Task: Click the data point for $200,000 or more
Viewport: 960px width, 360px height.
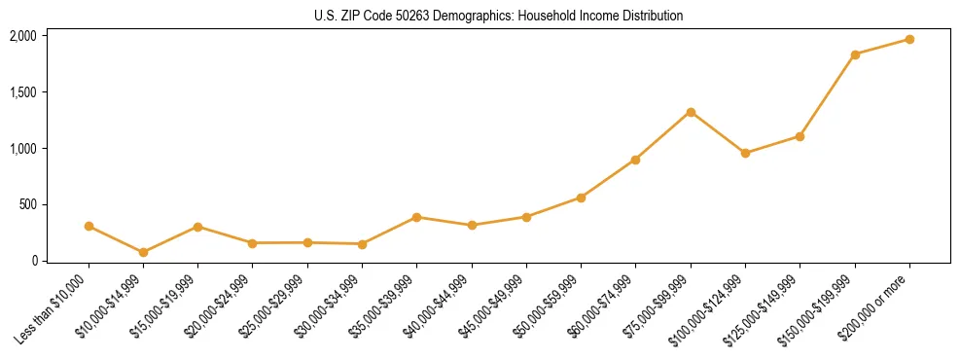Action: pyautogui.click(x=909, y=39)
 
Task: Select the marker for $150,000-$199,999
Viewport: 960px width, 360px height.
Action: pyautogui.click(x=855, y=54)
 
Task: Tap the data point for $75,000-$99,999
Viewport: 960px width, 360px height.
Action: pyautogui.click(x=691, y=112)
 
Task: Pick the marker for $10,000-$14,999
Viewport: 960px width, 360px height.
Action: pyautogui.click(x=143, y=252)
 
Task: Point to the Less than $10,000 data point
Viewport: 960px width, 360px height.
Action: pyautogui.click(x=89, y=226)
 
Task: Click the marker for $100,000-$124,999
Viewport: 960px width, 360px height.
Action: pyautogui.click(x=745, y=153)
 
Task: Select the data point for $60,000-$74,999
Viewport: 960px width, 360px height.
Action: pyautogui.click(x=635, y=160)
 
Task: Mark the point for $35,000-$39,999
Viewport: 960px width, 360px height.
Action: pyautogui.click(x=416, y=217)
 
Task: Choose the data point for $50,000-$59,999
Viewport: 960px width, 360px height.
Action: pyautogui.click(x=581, y=198)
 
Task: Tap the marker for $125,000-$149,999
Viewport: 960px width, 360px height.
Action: pyautogui.click(x=800, y=136)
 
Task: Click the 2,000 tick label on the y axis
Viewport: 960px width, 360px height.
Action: pyautogui.click(x=22, y=36)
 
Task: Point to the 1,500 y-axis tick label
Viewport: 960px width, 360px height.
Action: pyautogui.click(x=22, y=92)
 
